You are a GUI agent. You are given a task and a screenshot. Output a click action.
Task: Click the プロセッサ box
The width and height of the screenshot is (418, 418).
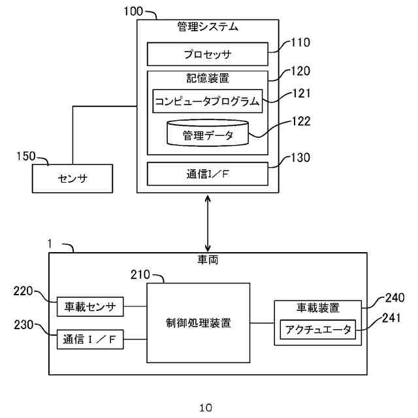click(208, 54)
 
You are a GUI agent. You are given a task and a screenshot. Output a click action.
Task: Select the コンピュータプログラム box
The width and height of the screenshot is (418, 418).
click(208, 101)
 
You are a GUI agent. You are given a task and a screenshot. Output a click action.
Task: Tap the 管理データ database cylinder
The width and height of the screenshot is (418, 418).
click(208, 133)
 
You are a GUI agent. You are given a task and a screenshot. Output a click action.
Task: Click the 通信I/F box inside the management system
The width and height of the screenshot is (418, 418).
click(208, 174)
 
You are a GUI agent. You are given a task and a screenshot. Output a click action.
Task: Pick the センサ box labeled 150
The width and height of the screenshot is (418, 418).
click(72, 178)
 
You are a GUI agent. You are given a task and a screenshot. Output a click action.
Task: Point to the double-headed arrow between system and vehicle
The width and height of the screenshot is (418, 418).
click(208, 223)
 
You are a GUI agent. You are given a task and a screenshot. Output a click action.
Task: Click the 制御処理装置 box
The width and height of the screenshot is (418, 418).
click(199, 323)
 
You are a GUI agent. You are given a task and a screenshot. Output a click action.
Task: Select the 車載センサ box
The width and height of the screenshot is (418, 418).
click(90, 306)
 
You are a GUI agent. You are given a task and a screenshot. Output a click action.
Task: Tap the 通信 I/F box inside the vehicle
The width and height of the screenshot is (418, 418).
click(90, 339)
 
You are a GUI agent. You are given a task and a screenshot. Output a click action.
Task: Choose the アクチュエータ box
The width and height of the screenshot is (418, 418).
click(318, 329)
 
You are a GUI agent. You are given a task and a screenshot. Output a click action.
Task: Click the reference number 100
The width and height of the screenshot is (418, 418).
click(133, 11)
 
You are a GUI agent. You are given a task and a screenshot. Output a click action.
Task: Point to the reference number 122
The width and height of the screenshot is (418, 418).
click(302, 121)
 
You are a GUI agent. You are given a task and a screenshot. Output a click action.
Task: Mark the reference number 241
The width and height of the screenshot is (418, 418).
click(391, 318)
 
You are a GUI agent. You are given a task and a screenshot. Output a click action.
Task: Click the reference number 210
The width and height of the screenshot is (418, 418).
click(140, 274)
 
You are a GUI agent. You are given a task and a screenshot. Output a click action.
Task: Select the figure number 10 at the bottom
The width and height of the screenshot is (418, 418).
click(206, 408)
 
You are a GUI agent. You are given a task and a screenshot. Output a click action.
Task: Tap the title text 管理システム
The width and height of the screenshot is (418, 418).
click(208, 27)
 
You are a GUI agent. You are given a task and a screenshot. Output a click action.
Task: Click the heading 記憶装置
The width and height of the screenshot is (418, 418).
click(208, 78)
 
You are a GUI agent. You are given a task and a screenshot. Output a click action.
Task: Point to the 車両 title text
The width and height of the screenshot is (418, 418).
click(208, 259)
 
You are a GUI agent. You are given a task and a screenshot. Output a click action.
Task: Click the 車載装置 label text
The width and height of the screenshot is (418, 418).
click(318, 308)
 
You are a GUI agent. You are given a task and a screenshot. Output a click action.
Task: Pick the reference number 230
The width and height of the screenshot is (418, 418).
click(24, 325)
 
